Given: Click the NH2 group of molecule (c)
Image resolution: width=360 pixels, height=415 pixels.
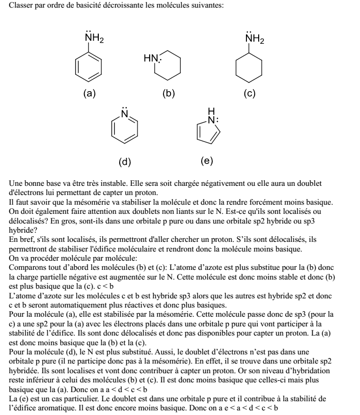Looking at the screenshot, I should [x=254, y=39].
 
